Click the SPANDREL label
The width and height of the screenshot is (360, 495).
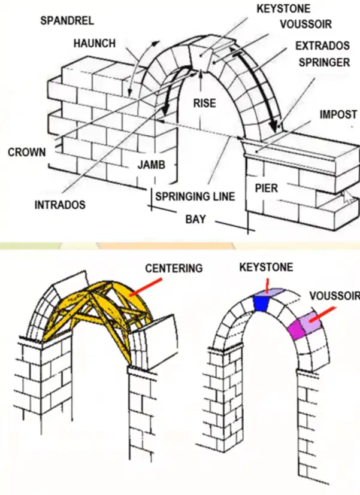point(67,21)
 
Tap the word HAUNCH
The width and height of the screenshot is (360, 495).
point(95,43)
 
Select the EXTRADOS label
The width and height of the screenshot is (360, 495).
point(322,45)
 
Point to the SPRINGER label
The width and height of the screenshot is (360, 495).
point(324,62)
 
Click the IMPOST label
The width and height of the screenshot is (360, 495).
point(338,114)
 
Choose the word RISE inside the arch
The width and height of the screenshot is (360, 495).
point(205,103)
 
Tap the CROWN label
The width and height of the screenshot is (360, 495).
point(27,152)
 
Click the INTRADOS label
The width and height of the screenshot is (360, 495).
point(60,205)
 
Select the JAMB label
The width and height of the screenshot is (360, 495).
point(152,165)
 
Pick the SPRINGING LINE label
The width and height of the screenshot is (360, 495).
point(195,197)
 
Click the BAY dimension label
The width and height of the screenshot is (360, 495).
point(195,219)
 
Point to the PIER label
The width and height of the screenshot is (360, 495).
point(267,188)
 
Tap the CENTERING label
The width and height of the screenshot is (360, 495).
point(174,268)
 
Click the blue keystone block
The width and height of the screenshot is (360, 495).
point(260,303)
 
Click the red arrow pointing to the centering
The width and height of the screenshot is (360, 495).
point(146,287)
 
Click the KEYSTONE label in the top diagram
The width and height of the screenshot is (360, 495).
point(283,8)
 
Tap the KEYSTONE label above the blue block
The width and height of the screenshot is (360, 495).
point(266,268)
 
